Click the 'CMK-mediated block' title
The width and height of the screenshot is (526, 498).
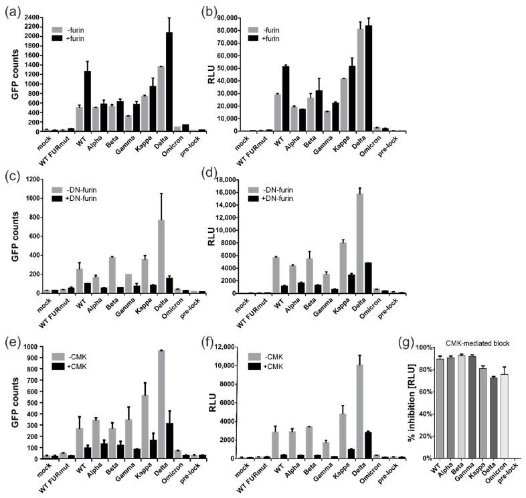point(479,343)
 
